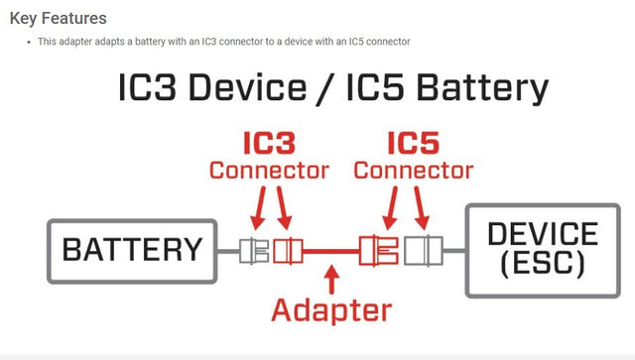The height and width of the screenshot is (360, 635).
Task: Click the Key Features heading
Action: (x=58, y=18)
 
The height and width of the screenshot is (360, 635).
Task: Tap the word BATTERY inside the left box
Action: (x=132, y=249)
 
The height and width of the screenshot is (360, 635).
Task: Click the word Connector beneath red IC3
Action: (x=268, y=172)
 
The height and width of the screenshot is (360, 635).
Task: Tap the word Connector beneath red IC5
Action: (x=413, y=172)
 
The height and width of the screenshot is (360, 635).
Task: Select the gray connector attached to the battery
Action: (x=254, y=250)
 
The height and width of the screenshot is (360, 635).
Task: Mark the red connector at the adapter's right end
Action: (x=381, y=250)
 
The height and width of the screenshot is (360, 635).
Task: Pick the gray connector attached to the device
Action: (x=427, y=250)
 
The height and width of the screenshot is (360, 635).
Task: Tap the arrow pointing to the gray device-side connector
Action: (x=423, y=209)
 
